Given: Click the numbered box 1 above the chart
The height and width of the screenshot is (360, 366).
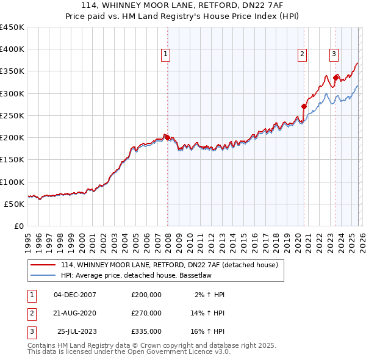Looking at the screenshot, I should coord(165,54).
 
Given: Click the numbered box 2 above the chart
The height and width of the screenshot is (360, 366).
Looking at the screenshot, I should coord(302,54).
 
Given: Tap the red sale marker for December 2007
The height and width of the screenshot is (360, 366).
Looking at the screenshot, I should coord(167,137).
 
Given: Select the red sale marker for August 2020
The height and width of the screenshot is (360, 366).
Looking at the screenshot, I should coord(304,107).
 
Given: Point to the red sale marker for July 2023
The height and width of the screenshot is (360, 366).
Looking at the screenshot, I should coord(336,77).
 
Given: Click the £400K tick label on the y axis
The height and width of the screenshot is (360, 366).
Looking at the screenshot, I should coord(12,49).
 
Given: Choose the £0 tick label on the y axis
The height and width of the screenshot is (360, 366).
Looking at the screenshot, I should coord(19,226).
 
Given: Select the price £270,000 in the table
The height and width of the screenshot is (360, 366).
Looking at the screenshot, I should coord(146,313).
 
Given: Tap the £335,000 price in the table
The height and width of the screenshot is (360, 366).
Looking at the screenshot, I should coord(146,331).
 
